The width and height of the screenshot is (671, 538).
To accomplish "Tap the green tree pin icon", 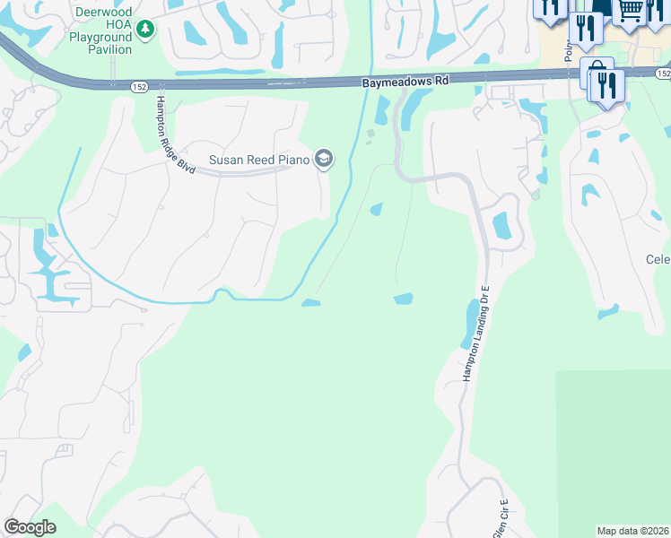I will coord(145,30).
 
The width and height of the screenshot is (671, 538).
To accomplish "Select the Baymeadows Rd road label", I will coord(405,81).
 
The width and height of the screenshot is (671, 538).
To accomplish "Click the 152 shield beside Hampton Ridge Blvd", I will coord(137,86).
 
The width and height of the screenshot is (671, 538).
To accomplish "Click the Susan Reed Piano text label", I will coord(259,161).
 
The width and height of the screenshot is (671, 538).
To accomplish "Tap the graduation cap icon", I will coord(323,161).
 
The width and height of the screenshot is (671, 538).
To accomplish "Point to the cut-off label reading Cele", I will coord(658,259).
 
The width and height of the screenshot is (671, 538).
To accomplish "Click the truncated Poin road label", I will coord(569,49).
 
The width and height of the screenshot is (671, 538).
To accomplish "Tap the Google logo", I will coord(30,527).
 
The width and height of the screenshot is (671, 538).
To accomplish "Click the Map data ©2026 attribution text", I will coord(633,531).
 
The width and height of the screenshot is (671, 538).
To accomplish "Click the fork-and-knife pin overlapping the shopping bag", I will coord(608,85).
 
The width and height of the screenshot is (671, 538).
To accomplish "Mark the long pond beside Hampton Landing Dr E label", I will coord(468,323).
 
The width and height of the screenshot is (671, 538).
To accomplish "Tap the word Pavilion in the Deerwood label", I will coord(110,49).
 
